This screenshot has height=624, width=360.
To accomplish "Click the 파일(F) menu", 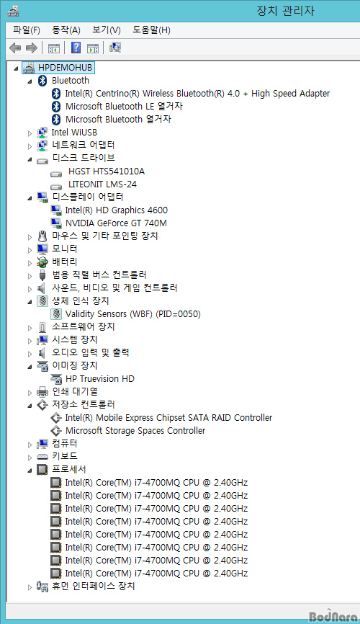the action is (x=26, y=30).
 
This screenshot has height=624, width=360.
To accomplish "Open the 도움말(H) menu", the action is (x=151, y=30).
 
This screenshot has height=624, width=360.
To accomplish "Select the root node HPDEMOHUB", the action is (x=65, y=68).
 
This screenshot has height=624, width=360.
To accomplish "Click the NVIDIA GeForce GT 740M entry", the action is (x=116, y=223).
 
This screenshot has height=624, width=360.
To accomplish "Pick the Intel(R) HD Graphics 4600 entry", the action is (x=116, y=210).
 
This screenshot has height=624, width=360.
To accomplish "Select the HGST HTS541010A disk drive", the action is (x=107, y=171).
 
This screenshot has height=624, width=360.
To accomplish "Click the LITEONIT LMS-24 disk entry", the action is (x=102, y=184).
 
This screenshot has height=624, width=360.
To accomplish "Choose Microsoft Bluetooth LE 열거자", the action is (x=124, y=106).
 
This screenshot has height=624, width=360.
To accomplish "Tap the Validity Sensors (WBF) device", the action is (x=133, y=314).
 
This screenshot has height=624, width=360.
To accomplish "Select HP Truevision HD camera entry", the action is (x=100, y=379).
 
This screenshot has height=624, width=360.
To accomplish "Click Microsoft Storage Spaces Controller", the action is (x=135, y=431).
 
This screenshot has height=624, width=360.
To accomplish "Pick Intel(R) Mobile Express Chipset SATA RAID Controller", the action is (x=168, y=417).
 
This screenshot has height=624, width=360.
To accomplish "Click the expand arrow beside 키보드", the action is (x=30, y=458).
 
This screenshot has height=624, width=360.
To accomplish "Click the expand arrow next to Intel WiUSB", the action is (x=30, y=133).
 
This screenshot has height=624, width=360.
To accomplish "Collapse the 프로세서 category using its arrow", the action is (x=30, y=471).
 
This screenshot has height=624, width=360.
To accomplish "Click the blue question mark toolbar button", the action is (x=76, y=48).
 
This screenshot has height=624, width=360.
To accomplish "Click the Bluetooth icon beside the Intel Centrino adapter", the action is (x=56, y=94).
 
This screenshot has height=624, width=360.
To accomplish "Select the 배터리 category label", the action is (x=65, y=262).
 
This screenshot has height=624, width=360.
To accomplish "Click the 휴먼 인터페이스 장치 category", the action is (x=94, y=586).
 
